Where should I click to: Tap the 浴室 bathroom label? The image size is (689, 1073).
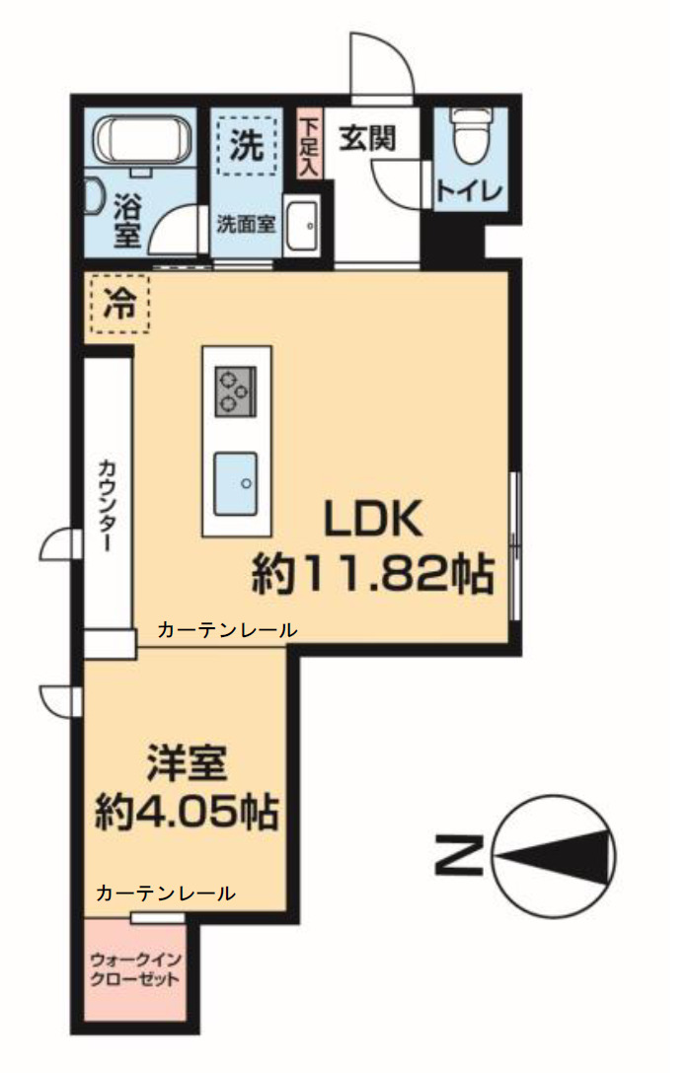[x=128, y=221]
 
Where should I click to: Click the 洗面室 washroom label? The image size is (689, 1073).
[x=246, y=220]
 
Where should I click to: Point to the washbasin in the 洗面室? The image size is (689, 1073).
[x=302, y=225]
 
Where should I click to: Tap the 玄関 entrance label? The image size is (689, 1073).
[x=367, y=139]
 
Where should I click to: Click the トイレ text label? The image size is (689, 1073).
[x=470, y=191]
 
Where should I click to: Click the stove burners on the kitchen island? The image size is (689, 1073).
[x=236, y=388]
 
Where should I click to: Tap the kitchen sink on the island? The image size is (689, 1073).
[x=236, y=482]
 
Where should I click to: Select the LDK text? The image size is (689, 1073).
[x=375, y=521]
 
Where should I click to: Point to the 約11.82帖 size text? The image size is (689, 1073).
[x=372, y=573]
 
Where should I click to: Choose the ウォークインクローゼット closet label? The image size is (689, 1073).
[x=133, y=969]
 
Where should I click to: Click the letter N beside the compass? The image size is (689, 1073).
[x=458, y=855]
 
